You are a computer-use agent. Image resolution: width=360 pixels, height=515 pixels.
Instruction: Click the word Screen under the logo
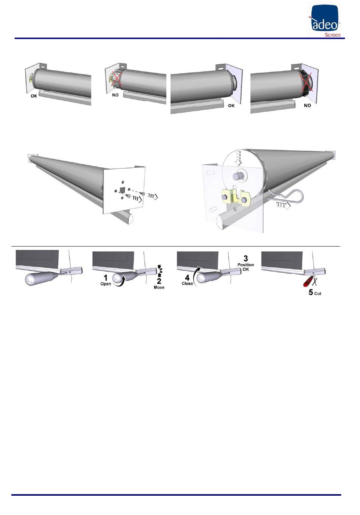pos(332,35)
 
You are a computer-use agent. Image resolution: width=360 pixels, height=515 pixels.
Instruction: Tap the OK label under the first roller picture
pos(34,96)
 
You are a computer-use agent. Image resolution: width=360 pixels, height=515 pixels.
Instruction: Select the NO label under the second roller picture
pos(115,95)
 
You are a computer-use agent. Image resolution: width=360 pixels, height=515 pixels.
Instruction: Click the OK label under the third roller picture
pos(231,106)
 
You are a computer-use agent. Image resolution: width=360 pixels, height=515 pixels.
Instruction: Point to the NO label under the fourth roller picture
pos(307,106)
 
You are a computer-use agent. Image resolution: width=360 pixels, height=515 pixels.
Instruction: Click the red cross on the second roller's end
pos(117,80)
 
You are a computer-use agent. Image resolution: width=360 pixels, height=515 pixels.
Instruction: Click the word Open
pos(106,284)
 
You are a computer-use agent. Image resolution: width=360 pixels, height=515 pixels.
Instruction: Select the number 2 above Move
pos(159,281)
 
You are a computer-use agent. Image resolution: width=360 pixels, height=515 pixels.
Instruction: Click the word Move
pos(159,287)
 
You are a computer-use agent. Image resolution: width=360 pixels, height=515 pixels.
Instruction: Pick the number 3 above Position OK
pos(246,258)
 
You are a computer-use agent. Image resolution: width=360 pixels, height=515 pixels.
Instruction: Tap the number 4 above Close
pos(187,278)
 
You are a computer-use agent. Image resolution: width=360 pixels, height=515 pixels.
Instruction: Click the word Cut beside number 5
pos(318,293)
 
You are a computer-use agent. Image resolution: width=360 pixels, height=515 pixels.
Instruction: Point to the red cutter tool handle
pos(308,282)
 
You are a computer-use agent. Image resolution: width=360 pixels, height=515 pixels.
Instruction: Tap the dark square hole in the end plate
pos(122,190)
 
